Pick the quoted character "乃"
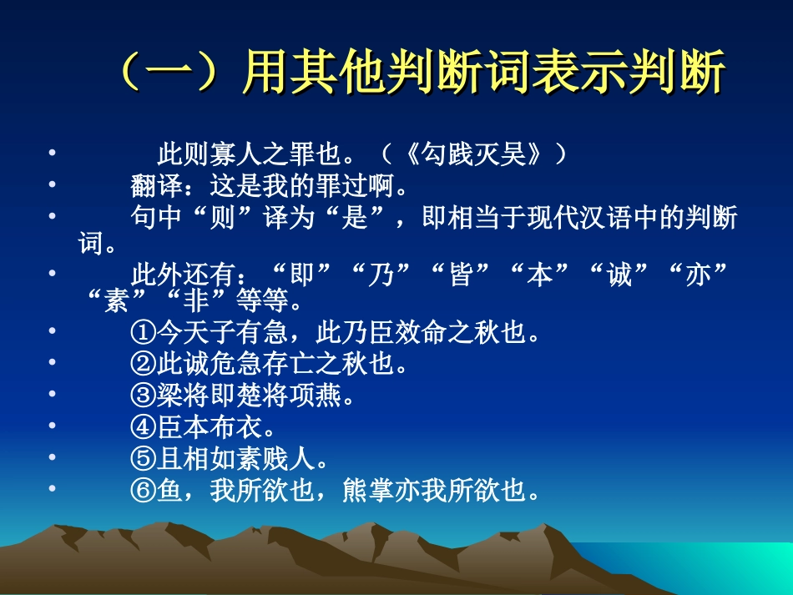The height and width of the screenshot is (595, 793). [381, 276]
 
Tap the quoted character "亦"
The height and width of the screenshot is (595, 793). [700, 276]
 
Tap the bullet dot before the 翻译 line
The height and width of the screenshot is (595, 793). [53, 184]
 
